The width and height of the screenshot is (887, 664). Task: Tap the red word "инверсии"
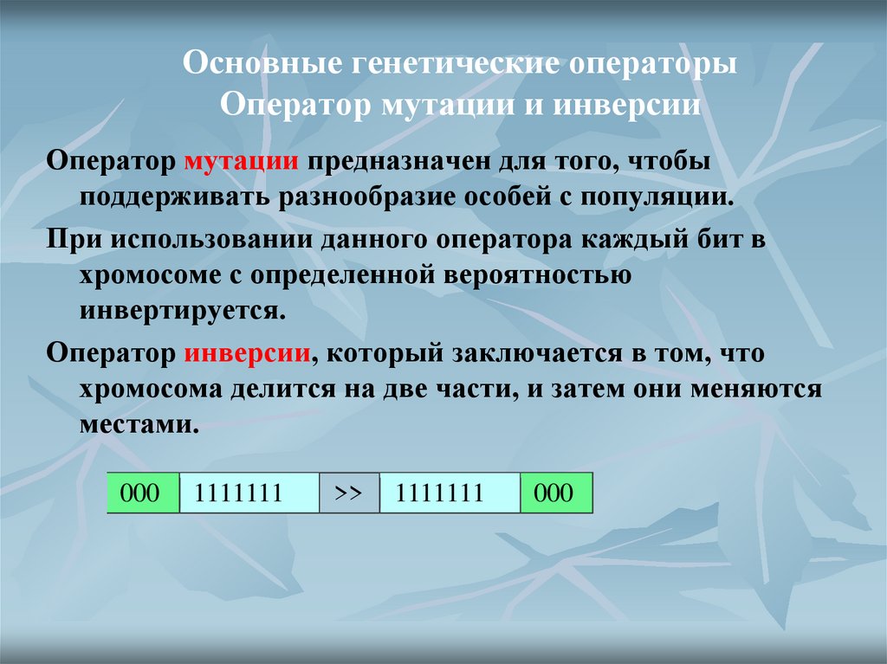[x=248, y=355]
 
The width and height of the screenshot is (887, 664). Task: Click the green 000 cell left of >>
[x=142, y=493]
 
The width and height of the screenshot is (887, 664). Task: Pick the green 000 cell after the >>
[x=555, y=493]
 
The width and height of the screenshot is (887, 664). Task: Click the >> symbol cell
[x=348, y=493]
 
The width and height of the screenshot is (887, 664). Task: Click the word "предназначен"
[x=401, y=163]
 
